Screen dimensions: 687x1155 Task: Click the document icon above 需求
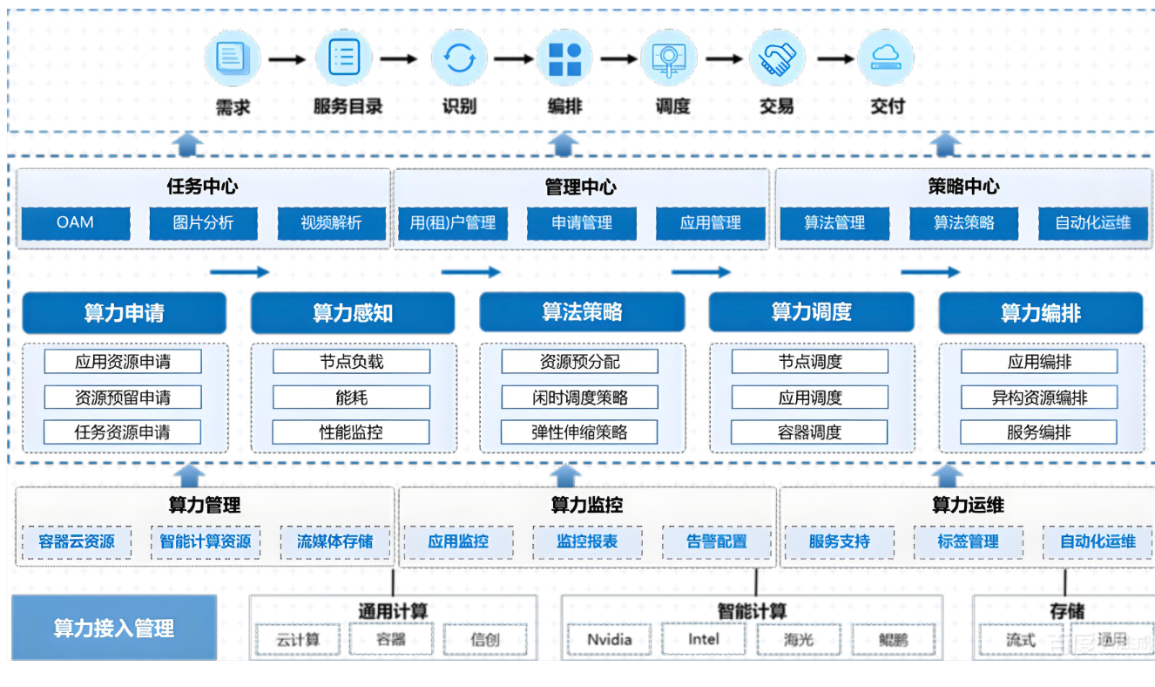233,58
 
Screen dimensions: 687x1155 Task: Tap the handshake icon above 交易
776,58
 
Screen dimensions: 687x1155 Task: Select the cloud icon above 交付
886,58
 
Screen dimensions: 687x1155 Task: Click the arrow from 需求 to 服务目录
287,59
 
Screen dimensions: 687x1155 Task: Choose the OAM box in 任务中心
76,222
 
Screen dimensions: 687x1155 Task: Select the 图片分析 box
203,222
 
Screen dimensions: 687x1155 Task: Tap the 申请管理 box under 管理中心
581,222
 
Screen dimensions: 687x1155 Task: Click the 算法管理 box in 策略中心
834,222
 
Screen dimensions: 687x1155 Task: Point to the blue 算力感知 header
353,313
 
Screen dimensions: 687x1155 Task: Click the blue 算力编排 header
1040,313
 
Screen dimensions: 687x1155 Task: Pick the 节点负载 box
351,362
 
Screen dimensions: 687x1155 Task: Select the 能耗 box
351,398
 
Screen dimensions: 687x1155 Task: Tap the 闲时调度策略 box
579,398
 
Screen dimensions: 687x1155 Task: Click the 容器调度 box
810,432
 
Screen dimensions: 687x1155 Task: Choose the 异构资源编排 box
1039,398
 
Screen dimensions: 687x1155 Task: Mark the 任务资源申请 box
122,432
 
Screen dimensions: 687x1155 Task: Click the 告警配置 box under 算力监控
716,541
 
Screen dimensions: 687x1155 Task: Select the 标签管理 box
968,541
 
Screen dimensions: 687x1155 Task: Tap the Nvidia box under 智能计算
609,640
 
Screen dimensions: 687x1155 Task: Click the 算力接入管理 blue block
114,628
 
